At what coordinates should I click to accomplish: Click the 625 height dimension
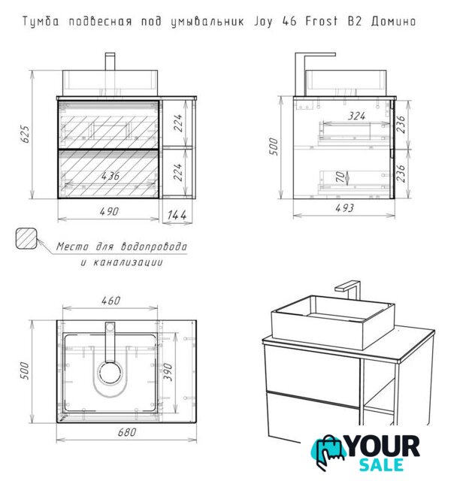pyautogui.click(x=26, y=134)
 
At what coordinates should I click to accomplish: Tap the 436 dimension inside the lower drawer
pyautogui.click(x=110, y=176)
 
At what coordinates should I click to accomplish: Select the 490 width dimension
pyautogui.click(x=109, y=212)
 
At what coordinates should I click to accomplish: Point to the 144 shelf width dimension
pyautogui.click(x=177, y=215)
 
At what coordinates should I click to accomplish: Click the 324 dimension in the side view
pyautogui.click(x=356, y=116)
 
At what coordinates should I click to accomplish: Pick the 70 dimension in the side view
pyautogui.click(x=341, y=177)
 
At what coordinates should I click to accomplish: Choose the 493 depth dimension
pyautogui.click(x=344, y=208)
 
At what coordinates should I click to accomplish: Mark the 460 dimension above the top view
pyautogui.click(x=110, y=301)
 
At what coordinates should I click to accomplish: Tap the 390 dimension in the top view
pyautogui.click(x=168, y=372)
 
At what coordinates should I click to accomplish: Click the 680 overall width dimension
pyautogui.click(x=127, y=432)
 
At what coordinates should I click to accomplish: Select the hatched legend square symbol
pyautogui.click(x=26, y=238)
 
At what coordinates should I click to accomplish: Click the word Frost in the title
pyautogui.click(x=321, y=21)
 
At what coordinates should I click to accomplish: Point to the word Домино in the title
pyautogui.click(x=393, y=22)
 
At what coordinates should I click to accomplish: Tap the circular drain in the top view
pyautogui.click(x=110, y=373)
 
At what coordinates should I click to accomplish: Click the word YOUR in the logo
pyautogui.click(x=383, y=446)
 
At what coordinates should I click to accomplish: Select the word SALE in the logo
pyautogui.click(x=381, y=464)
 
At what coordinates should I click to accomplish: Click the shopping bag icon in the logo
pyautogui.click(x=328, y=452)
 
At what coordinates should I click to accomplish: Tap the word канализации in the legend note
pyautogui.click(x=122, y=262)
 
